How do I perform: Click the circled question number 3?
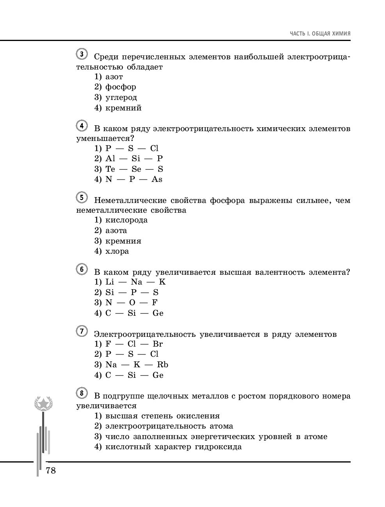pos(82,54)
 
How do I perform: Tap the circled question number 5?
pos(82,197)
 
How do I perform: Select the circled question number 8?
pos(82,393)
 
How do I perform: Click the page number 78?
pos(51,471)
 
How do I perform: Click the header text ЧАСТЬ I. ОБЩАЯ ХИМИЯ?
pos(320,34)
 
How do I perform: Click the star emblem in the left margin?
pos(43,404)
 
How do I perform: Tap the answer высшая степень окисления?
pos(157,416)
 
